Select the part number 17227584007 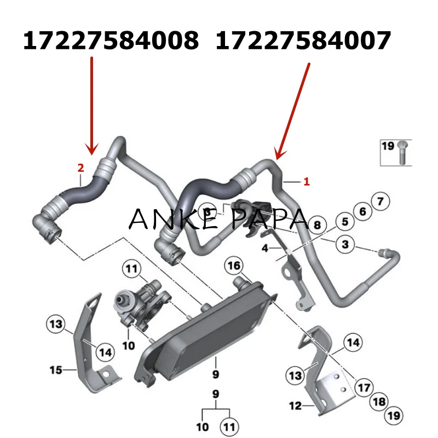(x=303, y=41)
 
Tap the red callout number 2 (x=80, y=167)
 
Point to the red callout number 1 (x=307, y=182)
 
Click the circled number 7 (x=381, y=201)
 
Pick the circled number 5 (x=345, y=222)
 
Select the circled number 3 (x=345, y=244)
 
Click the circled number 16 (x=234, y=266)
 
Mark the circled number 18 (x=378, y=402)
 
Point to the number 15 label (x=56, y=370)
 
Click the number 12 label (x=295, y=406)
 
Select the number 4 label (x=265, y=248)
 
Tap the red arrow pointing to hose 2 (x=92, y=104)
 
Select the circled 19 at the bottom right (x=393, y=417)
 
